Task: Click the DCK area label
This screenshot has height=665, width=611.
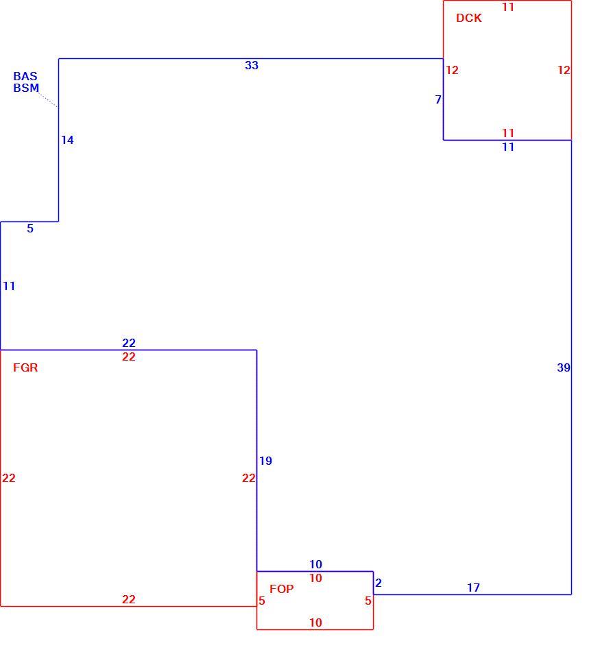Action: pos(469,18)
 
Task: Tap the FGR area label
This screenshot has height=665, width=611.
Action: pos(25,367)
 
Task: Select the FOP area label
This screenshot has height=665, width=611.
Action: pos(281,589)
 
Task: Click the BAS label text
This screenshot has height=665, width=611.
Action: pos(25,76)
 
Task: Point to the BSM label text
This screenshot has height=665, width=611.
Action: pos(26,88)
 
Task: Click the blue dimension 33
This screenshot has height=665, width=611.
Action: pos(252,65)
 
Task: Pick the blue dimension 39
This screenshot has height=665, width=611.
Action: pos(564,367)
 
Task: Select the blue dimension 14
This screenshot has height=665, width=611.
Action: pos(67,140)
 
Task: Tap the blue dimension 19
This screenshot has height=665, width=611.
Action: pos(265,461)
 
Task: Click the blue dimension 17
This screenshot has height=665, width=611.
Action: pos(474,588)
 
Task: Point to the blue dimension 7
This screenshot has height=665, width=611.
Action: pos(438,99)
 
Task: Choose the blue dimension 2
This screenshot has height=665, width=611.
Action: pos(379,583)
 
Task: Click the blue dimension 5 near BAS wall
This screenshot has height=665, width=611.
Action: pos(30,228)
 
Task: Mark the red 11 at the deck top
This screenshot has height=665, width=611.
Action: pos(508,7)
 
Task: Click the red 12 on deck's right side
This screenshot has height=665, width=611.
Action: pos(564,70)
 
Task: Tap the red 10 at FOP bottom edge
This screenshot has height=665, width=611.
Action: pos(315,622)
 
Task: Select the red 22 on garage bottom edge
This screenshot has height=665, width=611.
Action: pos(128,599)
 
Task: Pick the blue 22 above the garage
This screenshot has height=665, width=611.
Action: pos(129,343)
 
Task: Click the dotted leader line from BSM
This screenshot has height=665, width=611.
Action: pos(48,100)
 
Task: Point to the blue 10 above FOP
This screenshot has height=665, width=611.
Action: pos(315,564)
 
